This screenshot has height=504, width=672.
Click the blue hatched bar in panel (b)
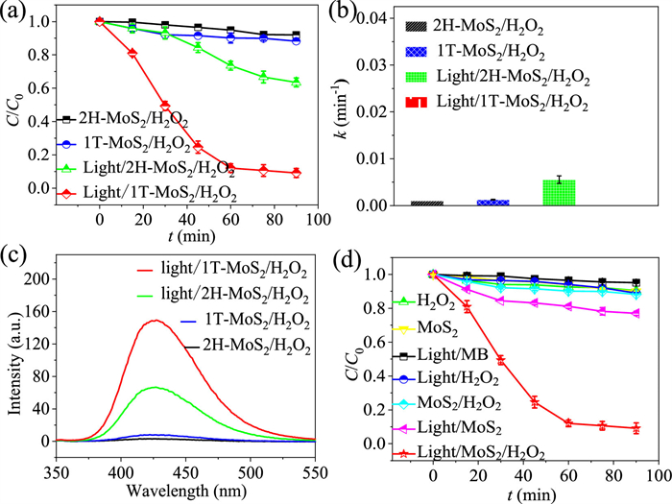[x=492, y=203]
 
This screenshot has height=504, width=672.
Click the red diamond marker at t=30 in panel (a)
[x=165, y=106]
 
